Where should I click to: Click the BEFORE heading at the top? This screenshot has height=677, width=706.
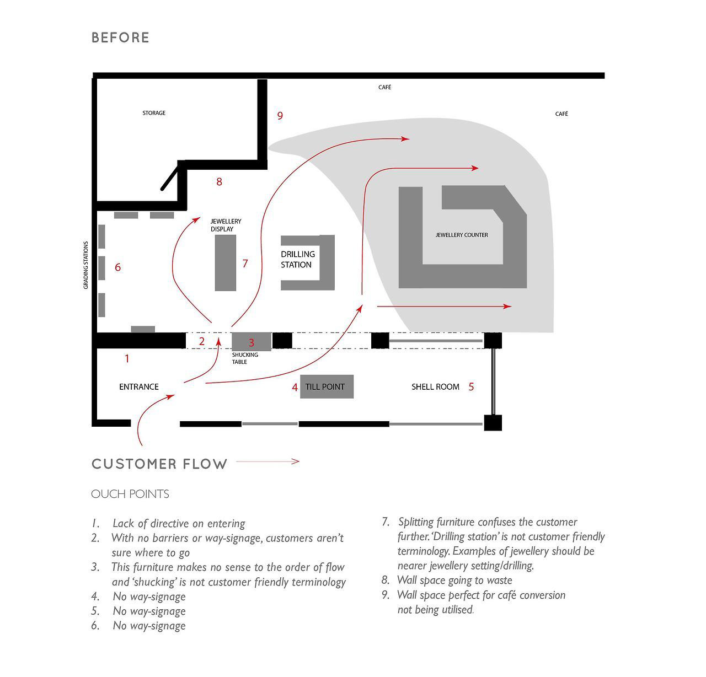[120, 37]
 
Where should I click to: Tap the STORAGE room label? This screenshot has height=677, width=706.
[154, 113]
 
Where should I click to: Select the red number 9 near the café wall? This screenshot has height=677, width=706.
[280, 116]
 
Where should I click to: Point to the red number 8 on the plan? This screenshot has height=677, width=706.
[219, 182]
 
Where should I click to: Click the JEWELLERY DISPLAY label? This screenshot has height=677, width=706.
[226, 225]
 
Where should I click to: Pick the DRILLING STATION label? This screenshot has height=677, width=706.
[298, 260]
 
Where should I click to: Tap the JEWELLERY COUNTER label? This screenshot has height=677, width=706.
[462, 235]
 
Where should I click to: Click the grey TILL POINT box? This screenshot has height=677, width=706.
[326, 386]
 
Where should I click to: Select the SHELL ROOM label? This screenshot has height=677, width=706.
[435, 387]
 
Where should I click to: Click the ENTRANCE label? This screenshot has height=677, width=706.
[139, 387]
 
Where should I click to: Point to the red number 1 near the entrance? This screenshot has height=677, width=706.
[127, 359]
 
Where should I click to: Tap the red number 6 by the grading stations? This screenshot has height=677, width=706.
[117, 267]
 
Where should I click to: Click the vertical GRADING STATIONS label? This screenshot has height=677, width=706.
[86, 265]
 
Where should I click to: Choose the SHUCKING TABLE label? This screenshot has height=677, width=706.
[245, 358]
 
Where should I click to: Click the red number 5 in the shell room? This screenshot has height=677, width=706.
[471, 387]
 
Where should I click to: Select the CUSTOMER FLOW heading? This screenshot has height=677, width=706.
[159, 464]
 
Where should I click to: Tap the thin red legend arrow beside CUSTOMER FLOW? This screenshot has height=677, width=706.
[268, 462]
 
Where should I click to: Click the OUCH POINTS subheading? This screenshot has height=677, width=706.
[130, 494]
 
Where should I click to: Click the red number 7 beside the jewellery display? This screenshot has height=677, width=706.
[245, 264]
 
